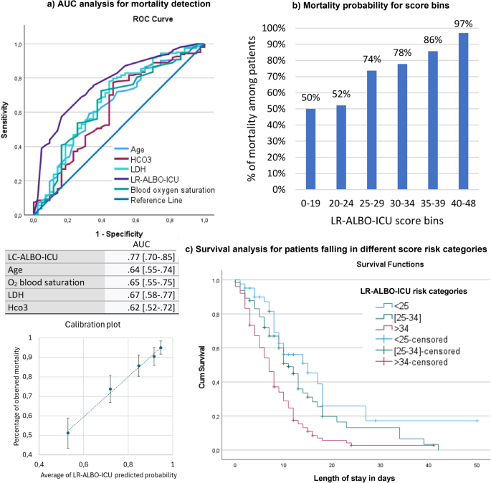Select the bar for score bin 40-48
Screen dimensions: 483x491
click(464, 112)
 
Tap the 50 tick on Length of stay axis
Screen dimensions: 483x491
click(477, 464)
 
